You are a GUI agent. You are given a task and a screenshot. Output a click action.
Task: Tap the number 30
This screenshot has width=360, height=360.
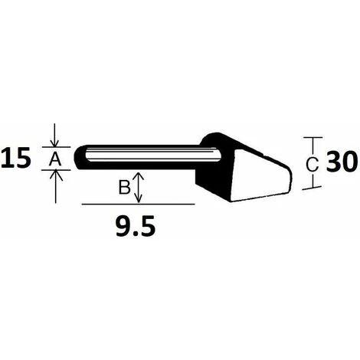click(x=341, y=162)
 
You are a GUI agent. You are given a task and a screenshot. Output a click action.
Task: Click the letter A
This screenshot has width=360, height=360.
click(x=55, y=159)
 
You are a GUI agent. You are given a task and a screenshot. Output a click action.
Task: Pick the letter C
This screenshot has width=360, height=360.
click(x=311, y=163)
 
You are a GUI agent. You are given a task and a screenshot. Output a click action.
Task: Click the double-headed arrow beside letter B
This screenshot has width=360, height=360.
click(x=138, y=188)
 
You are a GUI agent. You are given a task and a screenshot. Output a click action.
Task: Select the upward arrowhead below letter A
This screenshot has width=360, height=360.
click(x=55, y=175)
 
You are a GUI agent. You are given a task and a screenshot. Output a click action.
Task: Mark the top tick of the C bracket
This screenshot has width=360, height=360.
click(x=311, y=139)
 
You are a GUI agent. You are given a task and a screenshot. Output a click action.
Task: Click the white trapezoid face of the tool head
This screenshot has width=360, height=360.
click(x=253, y=180)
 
